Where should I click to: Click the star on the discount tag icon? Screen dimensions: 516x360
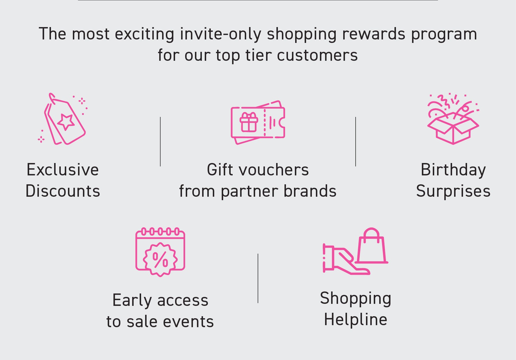[x=66, y=122]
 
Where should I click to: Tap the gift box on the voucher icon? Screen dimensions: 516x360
[x=249, y=122]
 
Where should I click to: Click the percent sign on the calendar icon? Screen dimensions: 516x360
[x=160, y=259]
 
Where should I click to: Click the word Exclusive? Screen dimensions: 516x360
[x=63, y=170]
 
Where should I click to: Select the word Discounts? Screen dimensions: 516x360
[x=63, y=191]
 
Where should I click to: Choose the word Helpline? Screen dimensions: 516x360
[x=356, y=320]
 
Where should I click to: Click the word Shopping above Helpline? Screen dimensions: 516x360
[x=356, y=299]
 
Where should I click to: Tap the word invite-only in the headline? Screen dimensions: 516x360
[x=221, y=34]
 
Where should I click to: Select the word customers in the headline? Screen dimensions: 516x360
[x=317, y=55]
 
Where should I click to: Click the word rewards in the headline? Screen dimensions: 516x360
[x=374, y=34]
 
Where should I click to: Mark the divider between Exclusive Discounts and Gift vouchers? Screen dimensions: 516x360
[x=160, y=141]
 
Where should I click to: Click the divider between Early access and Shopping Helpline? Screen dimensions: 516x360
[x=258, y=278]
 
